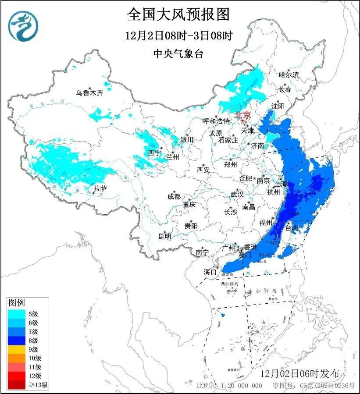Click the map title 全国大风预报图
178,14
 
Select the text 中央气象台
178,53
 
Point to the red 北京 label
242,115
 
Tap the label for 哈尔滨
289,75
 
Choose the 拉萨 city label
100,188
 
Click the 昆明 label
165,236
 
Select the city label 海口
210,272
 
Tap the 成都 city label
174,197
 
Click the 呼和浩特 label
216,121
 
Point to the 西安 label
203,169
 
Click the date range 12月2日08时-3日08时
178,35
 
